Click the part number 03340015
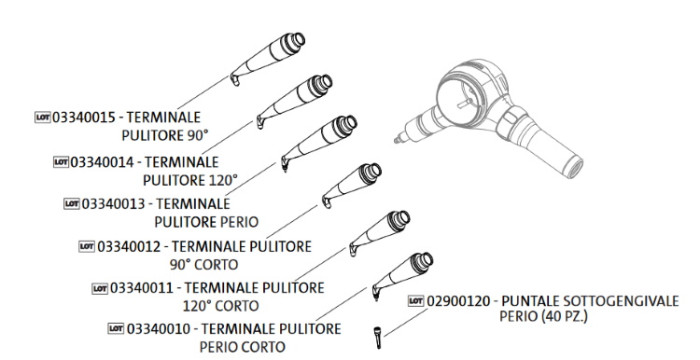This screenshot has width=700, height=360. pos(84,117)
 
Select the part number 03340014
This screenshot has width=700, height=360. pos(102,162)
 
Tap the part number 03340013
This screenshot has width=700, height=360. pos(113,204)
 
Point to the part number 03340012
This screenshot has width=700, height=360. pos(129,247)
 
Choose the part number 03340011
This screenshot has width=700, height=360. pos(142,288)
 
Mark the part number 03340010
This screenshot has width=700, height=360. pos(158,329)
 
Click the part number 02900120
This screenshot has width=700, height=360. pos(458,301)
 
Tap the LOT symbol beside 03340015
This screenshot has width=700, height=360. pos(43,117)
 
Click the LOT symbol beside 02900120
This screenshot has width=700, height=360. pos(416,301)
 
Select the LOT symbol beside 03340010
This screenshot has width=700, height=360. pos(116,329)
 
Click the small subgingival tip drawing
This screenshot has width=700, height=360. pos(378,338)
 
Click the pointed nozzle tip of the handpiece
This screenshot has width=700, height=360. pos(396,141)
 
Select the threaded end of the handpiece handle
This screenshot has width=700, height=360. pos(573,166)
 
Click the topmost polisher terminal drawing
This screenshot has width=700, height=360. pos(268,58)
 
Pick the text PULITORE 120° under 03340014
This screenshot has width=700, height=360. pos(190,180)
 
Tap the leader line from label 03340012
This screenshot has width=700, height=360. pos(292,222)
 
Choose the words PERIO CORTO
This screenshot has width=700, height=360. pos(242,347)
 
